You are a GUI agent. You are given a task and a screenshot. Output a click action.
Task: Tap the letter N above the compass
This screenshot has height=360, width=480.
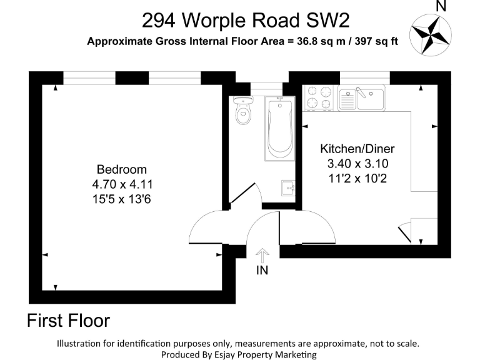click(x=441, y=7)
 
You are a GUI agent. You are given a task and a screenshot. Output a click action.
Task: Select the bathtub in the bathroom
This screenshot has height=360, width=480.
click(x=279, y=128)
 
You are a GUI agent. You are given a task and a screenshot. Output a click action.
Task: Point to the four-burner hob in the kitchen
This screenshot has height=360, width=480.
click(x=319, y=98)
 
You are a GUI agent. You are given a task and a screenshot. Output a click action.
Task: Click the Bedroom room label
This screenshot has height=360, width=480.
click(x=121, y=169)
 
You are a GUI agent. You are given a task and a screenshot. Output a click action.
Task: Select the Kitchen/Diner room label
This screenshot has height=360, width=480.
click(x=357, y=149)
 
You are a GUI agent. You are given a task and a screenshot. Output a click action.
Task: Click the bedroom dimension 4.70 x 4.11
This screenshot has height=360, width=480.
click(x=122, y=184)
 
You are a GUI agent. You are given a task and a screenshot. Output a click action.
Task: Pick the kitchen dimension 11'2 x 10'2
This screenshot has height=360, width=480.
click(x=357, y=179)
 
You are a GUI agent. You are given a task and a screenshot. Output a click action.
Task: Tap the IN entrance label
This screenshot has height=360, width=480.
click(x=262, y=271)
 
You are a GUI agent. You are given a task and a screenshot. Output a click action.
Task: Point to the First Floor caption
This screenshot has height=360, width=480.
click(x=68, y=321)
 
